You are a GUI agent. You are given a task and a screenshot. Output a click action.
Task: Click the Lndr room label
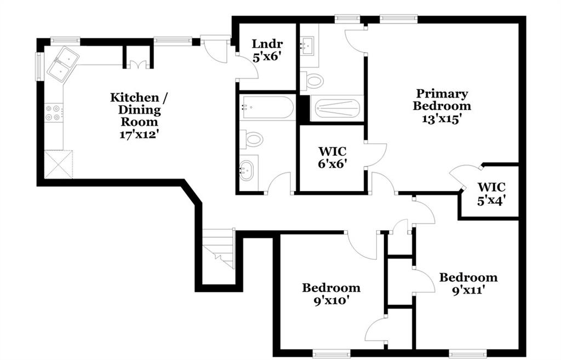[267, 44]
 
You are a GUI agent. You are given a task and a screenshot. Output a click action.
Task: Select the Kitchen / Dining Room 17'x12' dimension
[139, 135]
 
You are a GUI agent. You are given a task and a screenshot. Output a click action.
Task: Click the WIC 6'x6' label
[333, 157]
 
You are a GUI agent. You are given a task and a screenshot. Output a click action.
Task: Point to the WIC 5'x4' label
[491, 193]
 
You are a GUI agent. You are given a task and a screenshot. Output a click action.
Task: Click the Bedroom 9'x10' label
[331, 294]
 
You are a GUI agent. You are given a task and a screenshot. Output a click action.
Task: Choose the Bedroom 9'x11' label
[468, 283]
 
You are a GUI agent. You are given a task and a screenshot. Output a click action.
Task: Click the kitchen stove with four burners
[53, 112]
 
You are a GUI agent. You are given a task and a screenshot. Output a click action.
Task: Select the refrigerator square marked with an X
[58, 164]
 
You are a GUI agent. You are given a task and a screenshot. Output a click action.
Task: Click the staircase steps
[219, 248]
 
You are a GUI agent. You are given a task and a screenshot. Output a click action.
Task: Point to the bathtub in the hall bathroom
[267, 107]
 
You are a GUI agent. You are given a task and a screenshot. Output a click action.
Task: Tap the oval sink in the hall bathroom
[246, 169]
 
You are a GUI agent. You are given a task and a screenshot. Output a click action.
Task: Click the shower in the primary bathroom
[337, 108]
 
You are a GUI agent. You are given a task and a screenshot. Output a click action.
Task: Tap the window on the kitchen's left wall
[39, 67]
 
